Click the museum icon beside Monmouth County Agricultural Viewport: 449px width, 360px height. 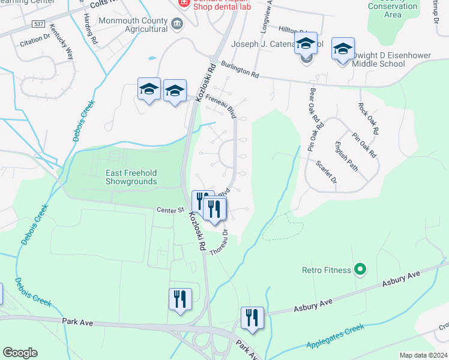[177, 24]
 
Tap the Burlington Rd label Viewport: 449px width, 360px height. [239, 70]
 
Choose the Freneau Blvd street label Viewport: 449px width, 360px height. [220, 103]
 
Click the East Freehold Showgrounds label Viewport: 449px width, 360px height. [131, 177]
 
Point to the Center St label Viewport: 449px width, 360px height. [169, 210]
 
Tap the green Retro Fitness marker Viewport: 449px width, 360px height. [360, 270]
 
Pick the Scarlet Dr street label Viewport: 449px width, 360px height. [328, 172]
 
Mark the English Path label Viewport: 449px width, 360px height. [346, 156]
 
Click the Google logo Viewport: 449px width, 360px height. [20, 353]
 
